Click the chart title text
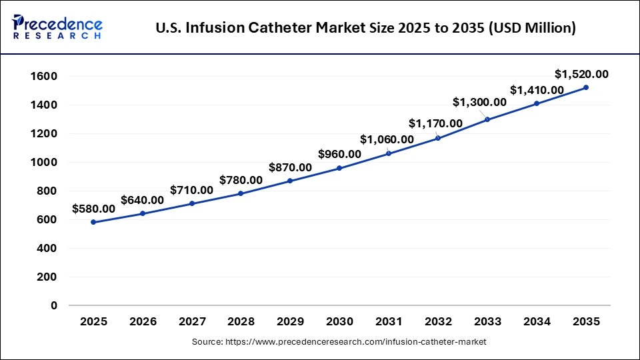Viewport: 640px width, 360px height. click(365, 28)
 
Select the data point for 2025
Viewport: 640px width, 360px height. click(93, 222)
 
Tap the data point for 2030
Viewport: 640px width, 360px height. click(339, 168)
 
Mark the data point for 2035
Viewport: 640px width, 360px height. click(586, 87)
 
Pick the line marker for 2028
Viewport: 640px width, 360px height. click(241, 193)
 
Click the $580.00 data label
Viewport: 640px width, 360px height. click(93, 209)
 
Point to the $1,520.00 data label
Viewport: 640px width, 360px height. click(581, 74)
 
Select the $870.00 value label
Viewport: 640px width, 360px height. click(290, 167)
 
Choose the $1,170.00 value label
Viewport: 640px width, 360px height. click(435, 123)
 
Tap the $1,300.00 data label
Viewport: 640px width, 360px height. click(480, 102)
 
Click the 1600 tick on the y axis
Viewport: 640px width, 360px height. click(45, 77)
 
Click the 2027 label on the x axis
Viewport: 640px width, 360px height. click(192, 321)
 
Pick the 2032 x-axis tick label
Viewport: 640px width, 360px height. click(438, 321)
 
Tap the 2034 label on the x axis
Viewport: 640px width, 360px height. click(537, 321)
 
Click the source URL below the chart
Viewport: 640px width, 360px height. click(339, 341)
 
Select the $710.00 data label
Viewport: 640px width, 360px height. click(191, 190)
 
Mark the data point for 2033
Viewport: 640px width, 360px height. click(487, 119)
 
